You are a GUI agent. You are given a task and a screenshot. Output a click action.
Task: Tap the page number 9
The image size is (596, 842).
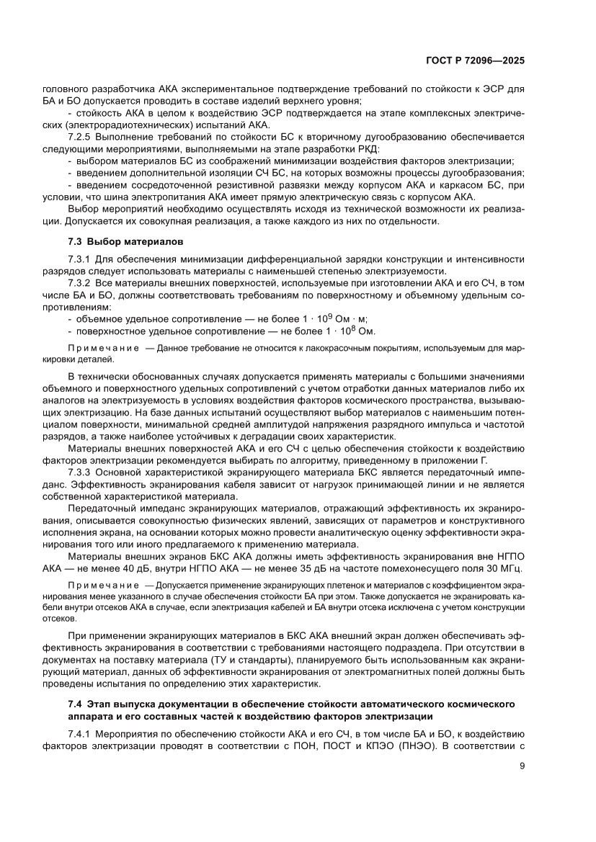[521, 766]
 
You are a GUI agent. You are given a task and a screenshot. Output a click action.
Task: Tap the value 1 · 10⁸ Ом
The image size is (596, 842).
[344, 331]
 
